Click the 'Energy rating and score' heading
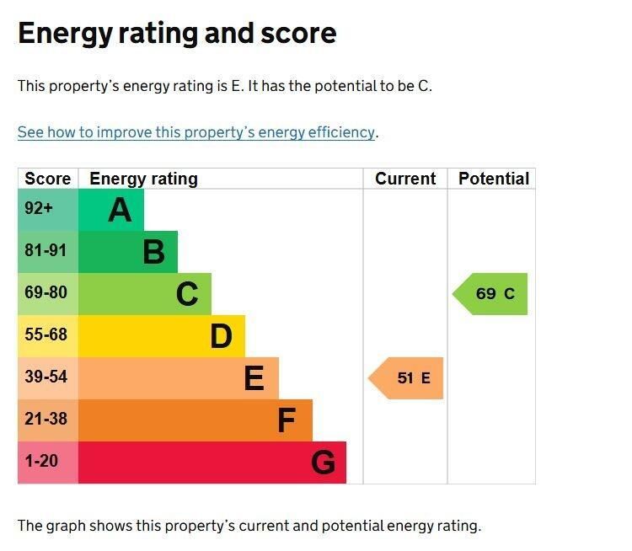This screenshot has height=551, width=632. [177, 34]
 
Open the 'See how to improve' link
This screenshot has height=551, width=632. [195, 132]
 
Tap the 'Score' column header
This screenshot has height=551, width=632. [48, 179]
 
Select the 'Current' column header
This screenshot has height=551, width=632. [405, 179]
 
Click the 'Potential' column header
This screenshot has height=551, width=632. [494, 179]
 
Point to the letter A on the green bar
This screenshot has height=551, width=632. [120, 210]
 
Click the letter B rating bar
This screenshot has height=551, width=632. [128, 252]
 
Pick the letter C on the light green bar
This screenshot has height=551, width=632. [187, 294]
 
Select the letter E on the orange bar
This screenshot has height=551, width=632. [254, 378]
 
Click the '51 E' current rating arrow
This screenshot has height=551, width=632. [408, 378]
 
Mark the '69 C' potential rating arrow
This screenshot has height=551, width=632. [492, 294]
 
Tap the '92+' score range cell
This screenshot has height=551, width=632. [39, 209]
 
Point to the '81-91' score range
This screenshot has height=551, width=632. [46, 251]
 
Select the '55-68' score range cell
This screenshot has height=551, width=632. [46, 335]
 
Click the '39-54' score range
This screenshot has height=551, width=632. [46, 377]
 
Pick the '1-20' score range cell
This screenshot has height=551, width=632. [41, 462]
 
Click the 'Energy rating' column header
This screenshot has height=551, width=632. [143, 179]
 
